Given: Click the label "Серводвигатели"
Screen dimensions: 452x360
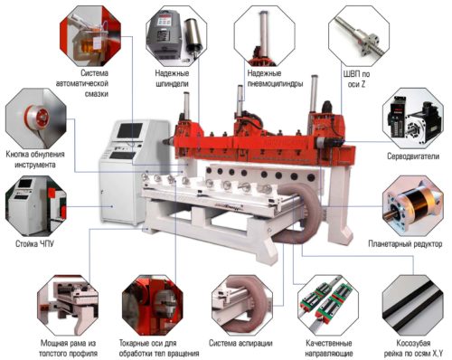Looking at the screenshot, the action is (413, 156).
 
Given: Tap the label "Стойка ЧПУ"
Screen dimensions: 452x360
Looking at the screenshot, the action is (34, 243).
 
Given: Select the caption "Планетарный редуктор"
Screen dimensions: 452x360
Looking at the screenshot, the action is (405, 243).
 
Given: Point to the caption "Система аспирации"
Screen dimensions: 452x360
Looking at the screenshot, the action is (240, 343).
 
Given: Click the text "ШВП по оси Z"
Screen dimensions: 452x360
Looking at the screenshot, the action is (356, 79).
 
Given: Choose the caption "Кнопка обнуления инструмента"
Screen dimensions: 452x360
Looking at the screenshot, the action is (35, 159).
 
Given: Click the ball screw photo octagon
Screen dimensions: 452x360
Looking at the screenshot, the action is (359, 36).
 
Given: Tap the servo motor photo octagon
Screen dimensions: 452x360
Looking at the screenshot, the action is (413, 118).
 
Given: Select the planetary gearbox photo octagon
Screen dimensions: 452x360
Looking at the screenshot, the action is (413, 206).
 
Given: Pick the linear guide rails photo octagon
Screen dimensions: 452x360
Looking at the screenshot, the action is (328, 305).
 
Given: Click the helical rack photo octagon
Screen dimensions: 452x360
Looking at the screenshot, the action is (413, 305).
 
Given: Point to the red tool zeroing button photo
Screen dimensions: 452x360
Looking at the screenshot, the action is (35, 118).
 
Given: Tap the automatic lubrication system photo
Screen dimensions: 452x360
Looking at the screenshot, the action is (90, 36).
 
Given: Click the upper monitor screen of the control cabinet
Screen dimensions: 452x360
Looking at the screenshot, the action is (130, 130).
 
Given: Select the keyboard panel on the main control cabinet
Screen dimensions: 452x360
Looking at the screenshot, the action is (122, 156).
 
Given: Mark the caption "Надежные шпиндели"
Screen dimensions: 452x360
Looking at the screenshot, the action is (172, 79).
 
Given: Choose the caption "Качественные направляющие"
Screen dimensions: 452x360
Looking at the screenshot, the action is (328, 348).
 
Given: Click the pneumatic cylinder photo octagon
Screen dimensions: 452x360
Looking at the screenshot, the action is (265, 36).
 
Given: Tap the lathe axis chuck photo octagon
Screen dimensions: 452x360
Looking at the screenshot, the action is (153, 305).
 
